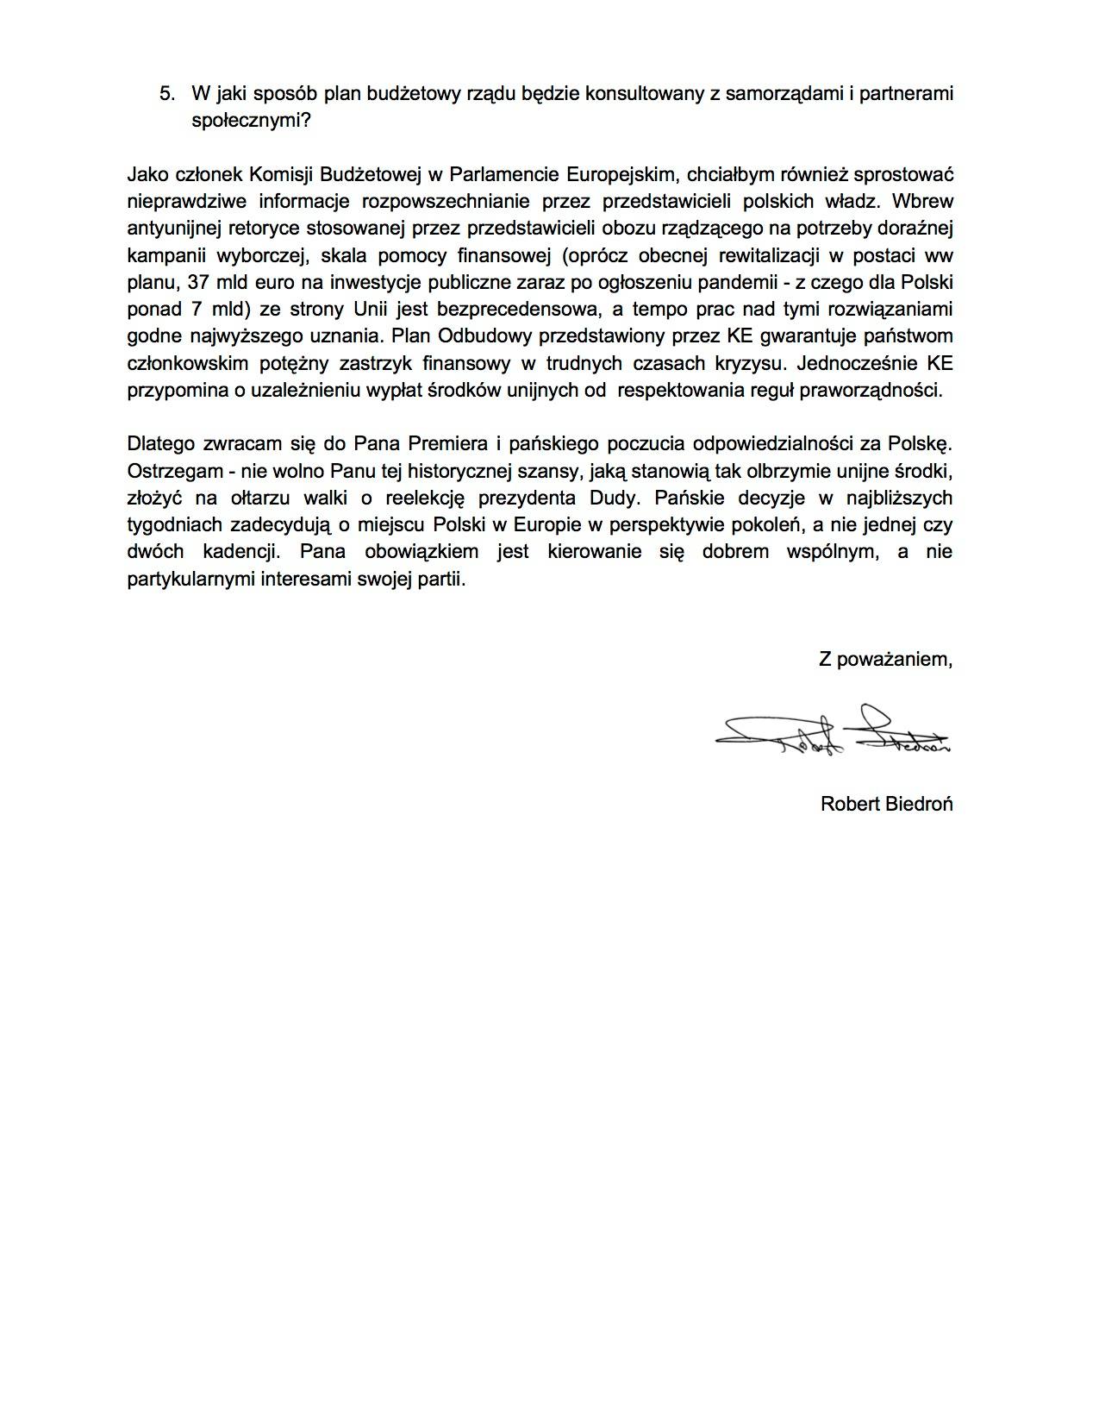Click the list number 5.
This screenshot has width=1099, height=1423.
click(x=167, y=93)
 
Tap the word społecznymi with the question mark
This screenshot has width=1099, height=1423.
click(x=250, y=120)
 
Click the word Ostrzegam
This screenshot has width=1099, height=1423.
click(x=166, y=471)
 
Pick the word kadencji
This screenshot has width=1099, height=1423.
click(x=242, y=551)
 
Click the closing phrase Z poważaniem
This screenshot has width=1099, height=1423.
click(x=885, y=660)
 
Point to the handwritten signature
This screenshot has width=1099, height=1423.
click(x=832, y=733)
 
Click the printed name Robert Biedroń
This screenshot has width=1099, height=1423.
click(x=886, y=804)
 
